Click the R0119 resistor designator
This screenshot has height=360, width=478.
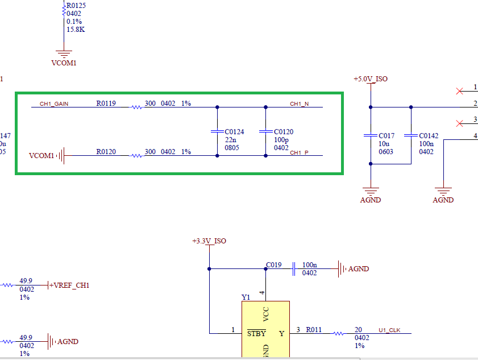click(x=106, y=104)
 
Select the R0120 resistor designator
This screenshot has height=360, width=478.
click(x=106, y=152)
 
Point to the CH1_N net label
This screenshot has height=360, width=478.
click(x=300, y=104)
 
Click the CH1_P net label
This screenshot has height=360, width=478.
click(x=300, y=152)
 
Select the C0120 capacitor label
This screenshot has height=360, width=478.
click(x=283, y=131)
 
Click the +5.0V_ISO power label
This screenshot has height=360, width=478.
click(x=370, y=78)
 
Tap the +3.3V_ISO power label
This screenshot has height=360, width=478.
click(x=209, y=241)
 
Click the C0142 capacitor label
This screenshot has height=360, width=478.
click(x=429, y=136)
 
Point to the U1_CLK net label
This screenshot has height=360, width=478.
click(x=389, y=330)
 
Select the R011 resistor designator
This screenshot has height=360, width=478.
click(x=314, y=329)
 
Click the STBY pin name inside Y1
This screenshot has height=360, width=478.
click(x=256, y=333)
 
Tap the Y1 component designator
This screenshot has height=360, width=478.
click(x=246, y=297)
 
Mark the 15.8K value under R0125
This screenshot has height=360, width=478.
click(x=76, y=29)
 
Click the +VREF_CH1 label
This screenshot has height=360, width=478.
click(x=71, y=285)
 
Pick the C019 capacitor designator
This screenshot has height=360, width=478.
click(x=273, y=264)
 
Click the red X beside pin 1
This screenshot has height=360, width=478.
click(x=459, y=90)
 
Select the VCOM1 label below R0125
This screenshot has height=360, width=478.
click(x=64, y=63)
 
